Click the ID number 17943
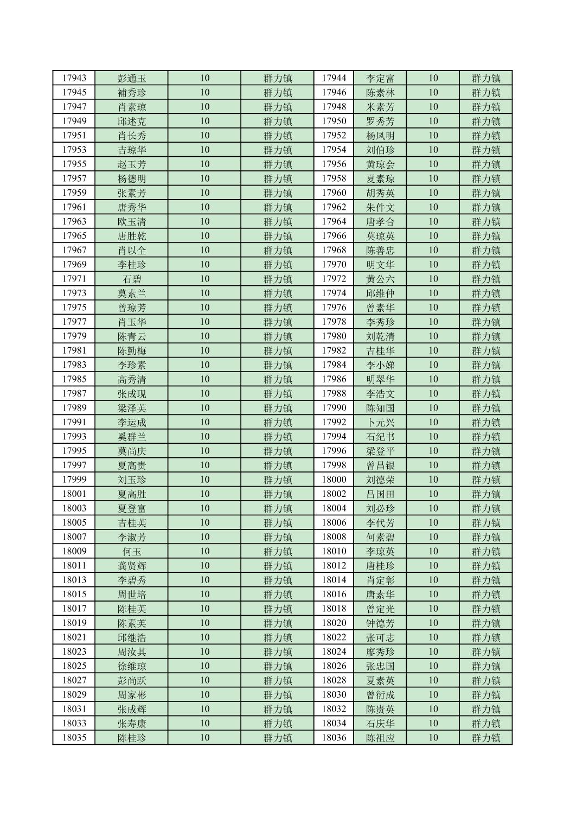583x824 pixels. [x=74, y=78]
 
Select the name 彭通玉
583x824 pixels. [x=132, y=78]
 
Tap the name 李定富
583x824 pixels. [x=380, y=78]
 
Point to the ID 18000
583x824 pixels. [x=334, y=480]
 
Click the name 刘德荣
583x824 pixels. [x=380, y=480]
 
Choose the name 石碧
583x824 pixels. [x=132, y=279]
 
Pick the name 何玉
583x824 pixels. [x=132, y=551]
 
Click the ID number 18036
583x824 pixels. [x=334, y=738]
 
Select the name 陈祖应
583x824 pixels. [x=380, y=738]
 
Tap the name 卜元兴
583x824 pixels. [x=380, y=422]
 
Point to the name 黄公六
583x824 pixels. [x=380, y=279]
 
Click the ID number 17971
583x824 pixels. [x=74, y=279]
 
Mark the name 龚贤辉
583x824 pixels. [x=132, y=566]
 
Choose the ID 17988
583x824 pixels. [x=334, y=393]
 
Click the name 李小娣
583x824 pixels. [x=380, y=365]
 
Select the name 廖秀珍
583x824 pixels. [x=380, y=651]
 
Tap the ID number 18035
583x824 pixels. [x=74, y=738]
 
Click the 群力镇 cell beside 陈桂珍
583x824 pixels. [x=278, y=738]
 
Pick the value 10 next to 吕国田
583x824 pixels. [x=433, y=494]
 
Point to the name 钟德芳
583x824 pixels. [x=380, y=623]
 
